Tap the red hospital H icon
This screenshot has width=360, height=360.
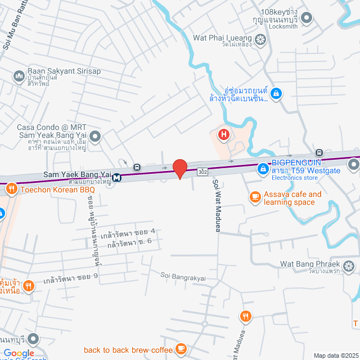click(x=224, y=135)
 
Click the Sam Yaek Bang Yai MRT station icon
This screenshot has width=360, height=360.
click(x=116, y=178)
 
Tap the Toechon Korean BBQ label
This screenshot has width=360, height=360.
click(x=58, y=190)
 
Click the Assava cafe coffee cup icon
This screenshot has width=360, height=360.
click(x=255, y=197)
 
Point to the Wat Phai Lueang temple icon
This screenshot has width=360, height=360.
click(x=260, y=39)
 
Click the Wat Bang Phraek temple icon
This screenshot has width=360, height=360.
click(x=349, y=265)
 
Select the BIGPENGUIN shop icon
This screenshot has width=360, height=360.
click(x=263, y=168)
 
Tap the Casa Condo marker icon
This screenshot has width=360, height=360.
click(x=96, y=136)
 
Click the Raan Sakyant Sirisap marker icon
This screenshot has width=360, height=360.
click(x=19, y=74)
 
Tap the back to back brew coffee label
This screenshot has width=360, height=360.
click(x=128, y=350)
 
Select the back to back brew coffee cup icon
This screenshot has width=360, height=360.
click(x=181, y=350)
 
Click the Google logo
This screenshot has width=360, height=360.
click(x=19, y=353)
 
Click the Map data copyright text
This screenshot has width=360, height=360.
click(x=336, y=355)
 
